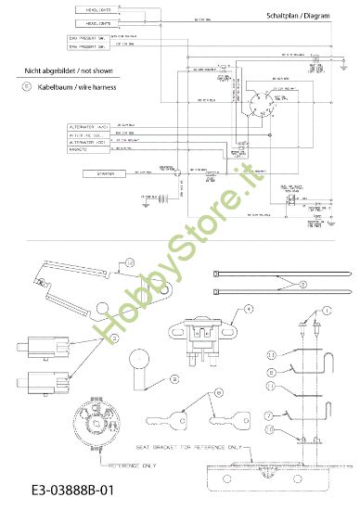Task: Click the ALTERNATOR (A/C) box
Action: coord(89,125)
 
